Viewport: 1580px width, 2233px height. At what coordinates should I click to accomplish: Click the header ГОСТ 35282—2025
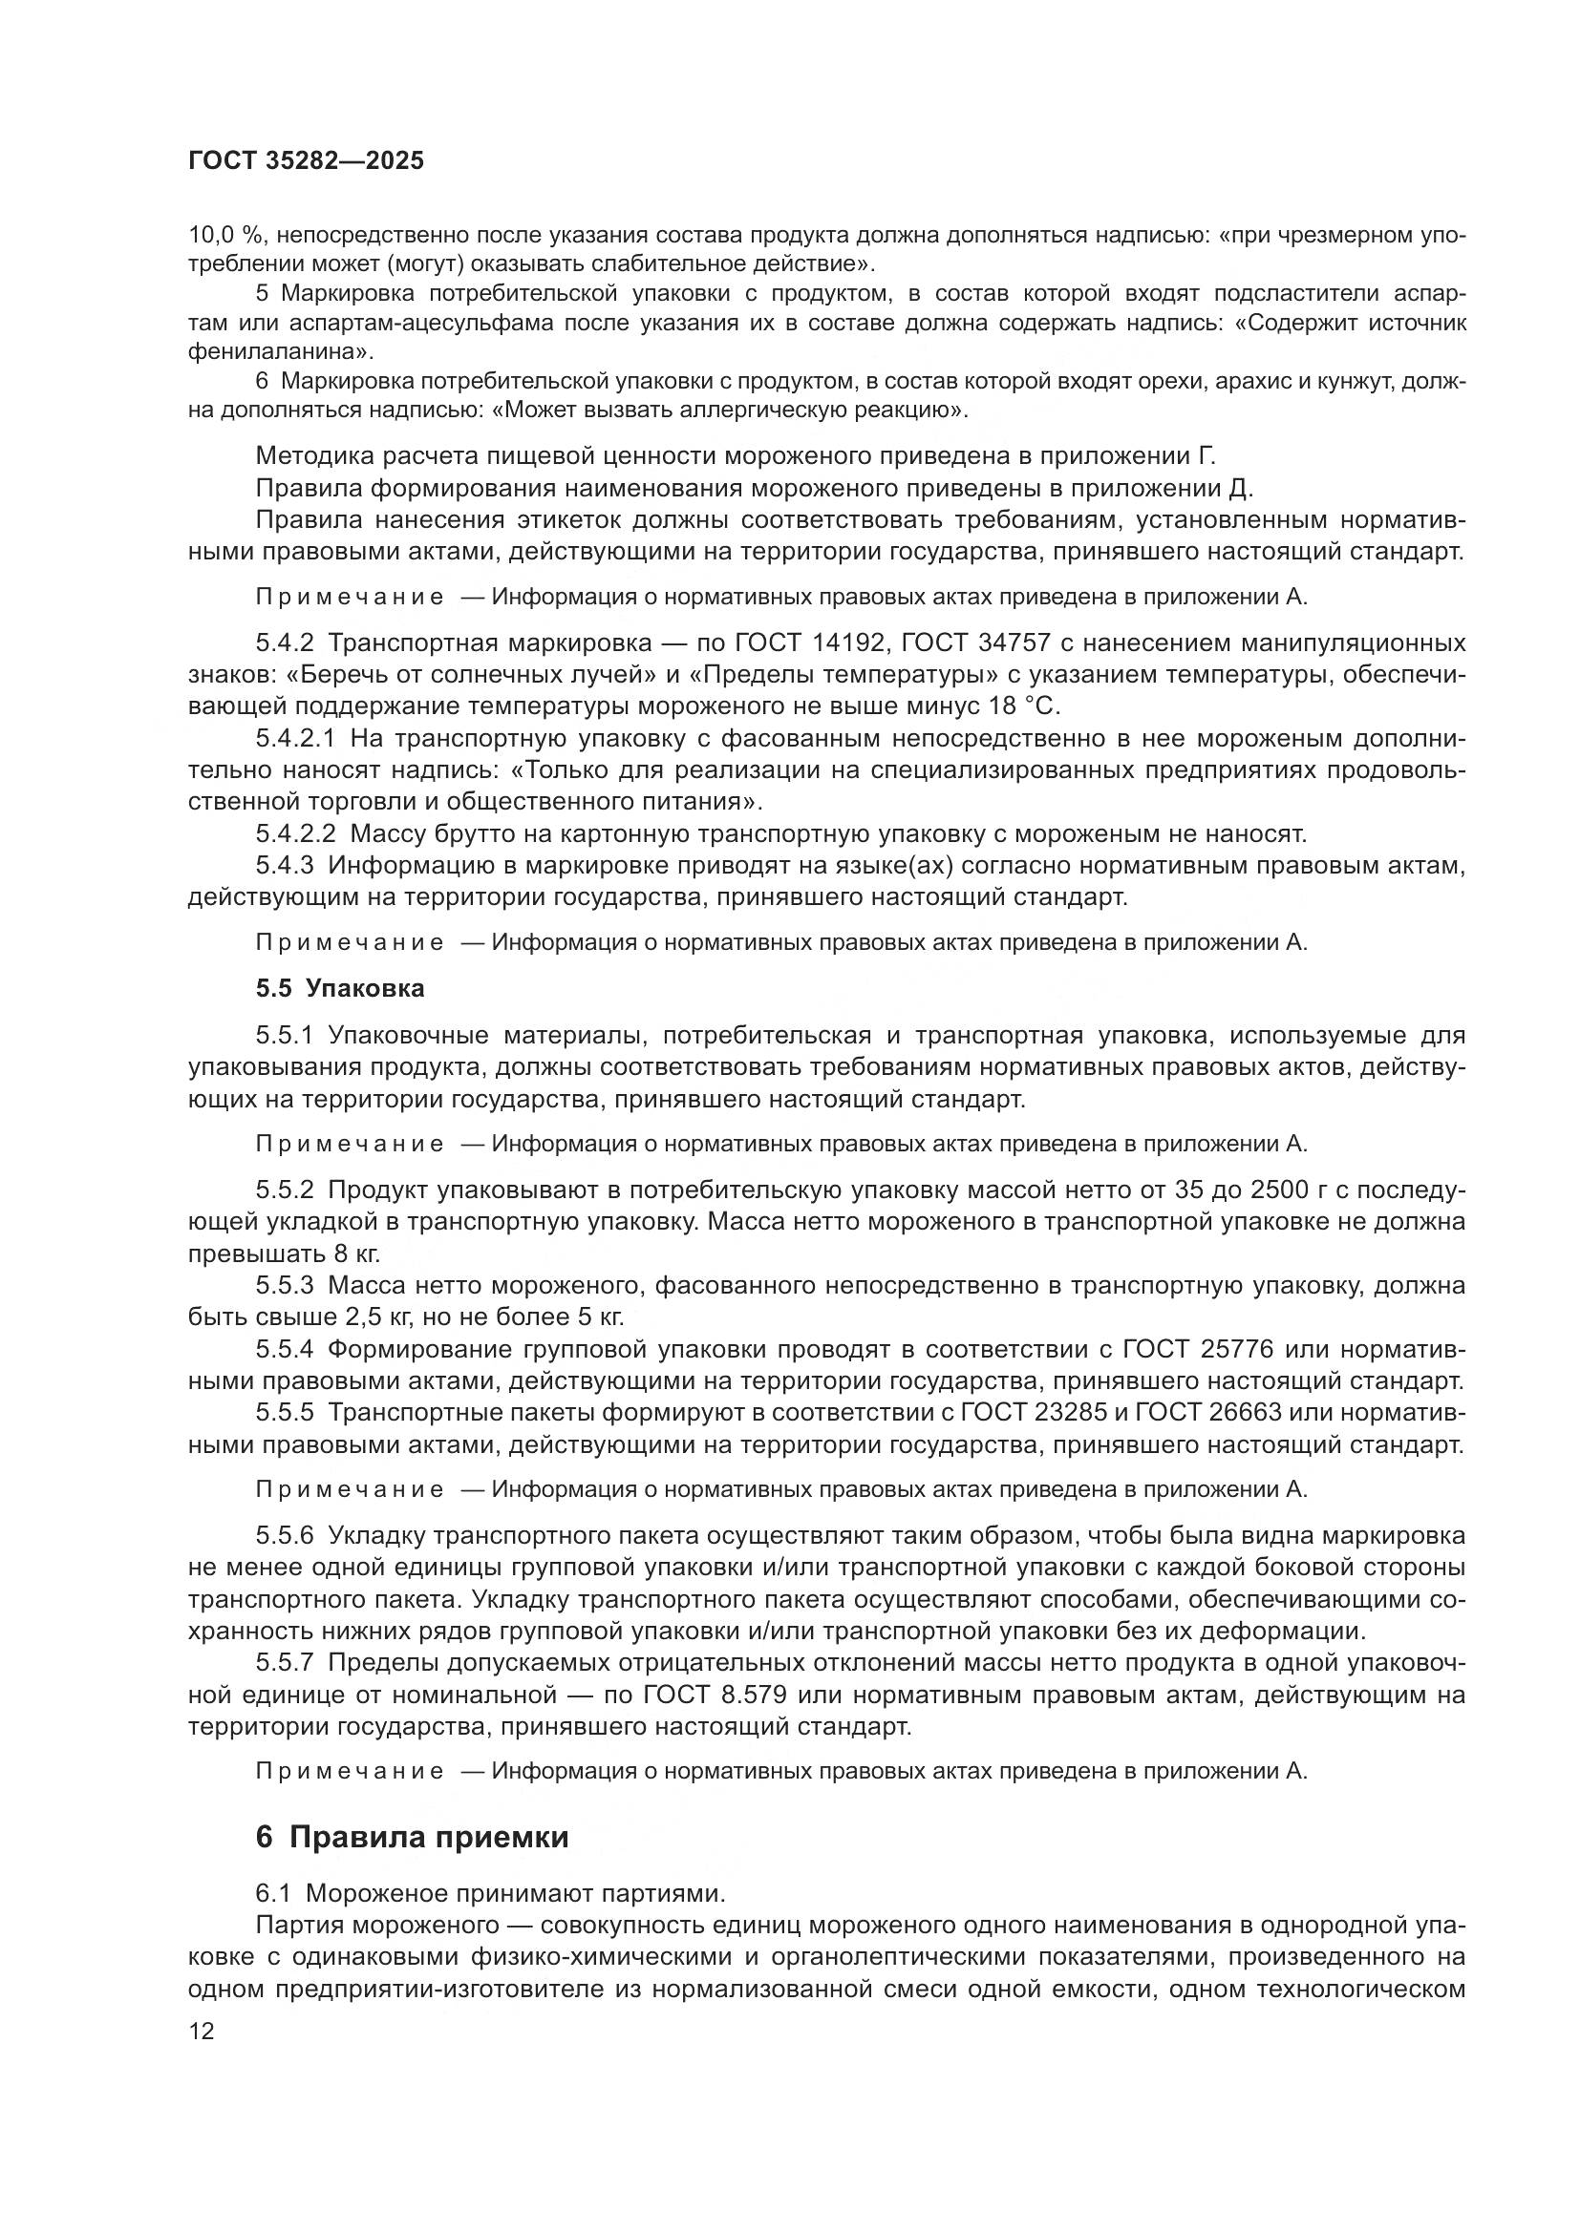[307, 161]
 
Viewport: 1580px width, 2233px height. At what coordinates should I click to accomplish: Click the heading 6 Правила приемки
[412, 1837]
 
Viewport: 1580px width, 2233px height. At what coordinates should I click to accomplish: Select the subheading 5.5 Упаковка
[340, 988]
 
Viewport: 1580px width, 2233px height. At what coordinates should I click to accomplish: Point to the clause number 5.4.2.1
[296, 738]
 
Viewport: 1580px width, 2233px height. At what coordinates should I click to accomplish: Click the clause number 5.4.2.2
[296, 833]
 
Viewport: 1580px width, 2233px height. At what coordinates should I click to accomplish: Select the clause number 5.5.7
[285, 1663]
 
